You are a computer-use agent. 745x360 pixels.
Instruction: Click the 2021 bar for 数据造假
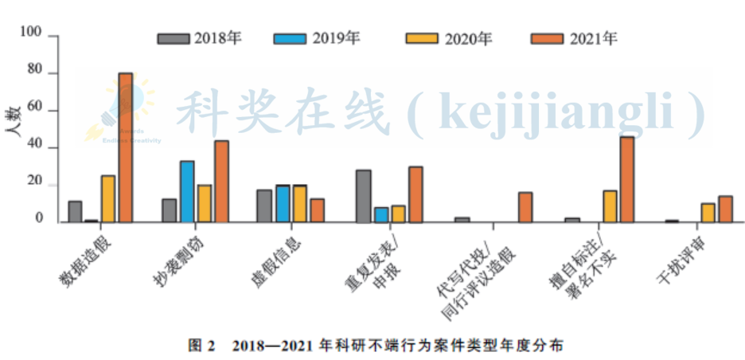coord(126,147)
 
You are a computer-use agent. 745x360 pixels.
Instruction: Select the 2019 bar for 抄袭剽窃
coord(187,191)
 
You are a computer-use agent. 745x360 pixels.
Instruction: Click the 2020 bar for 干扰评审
coord(708,213)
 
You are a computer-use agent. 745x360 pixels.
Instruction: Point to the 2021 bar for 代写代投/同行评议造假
coord(525,207)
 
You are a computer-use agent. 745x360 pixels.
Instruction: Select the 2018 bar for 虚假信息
coord(264,205)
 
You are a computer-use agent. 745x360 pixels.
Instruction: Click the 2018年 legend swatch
coord(174,38)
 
